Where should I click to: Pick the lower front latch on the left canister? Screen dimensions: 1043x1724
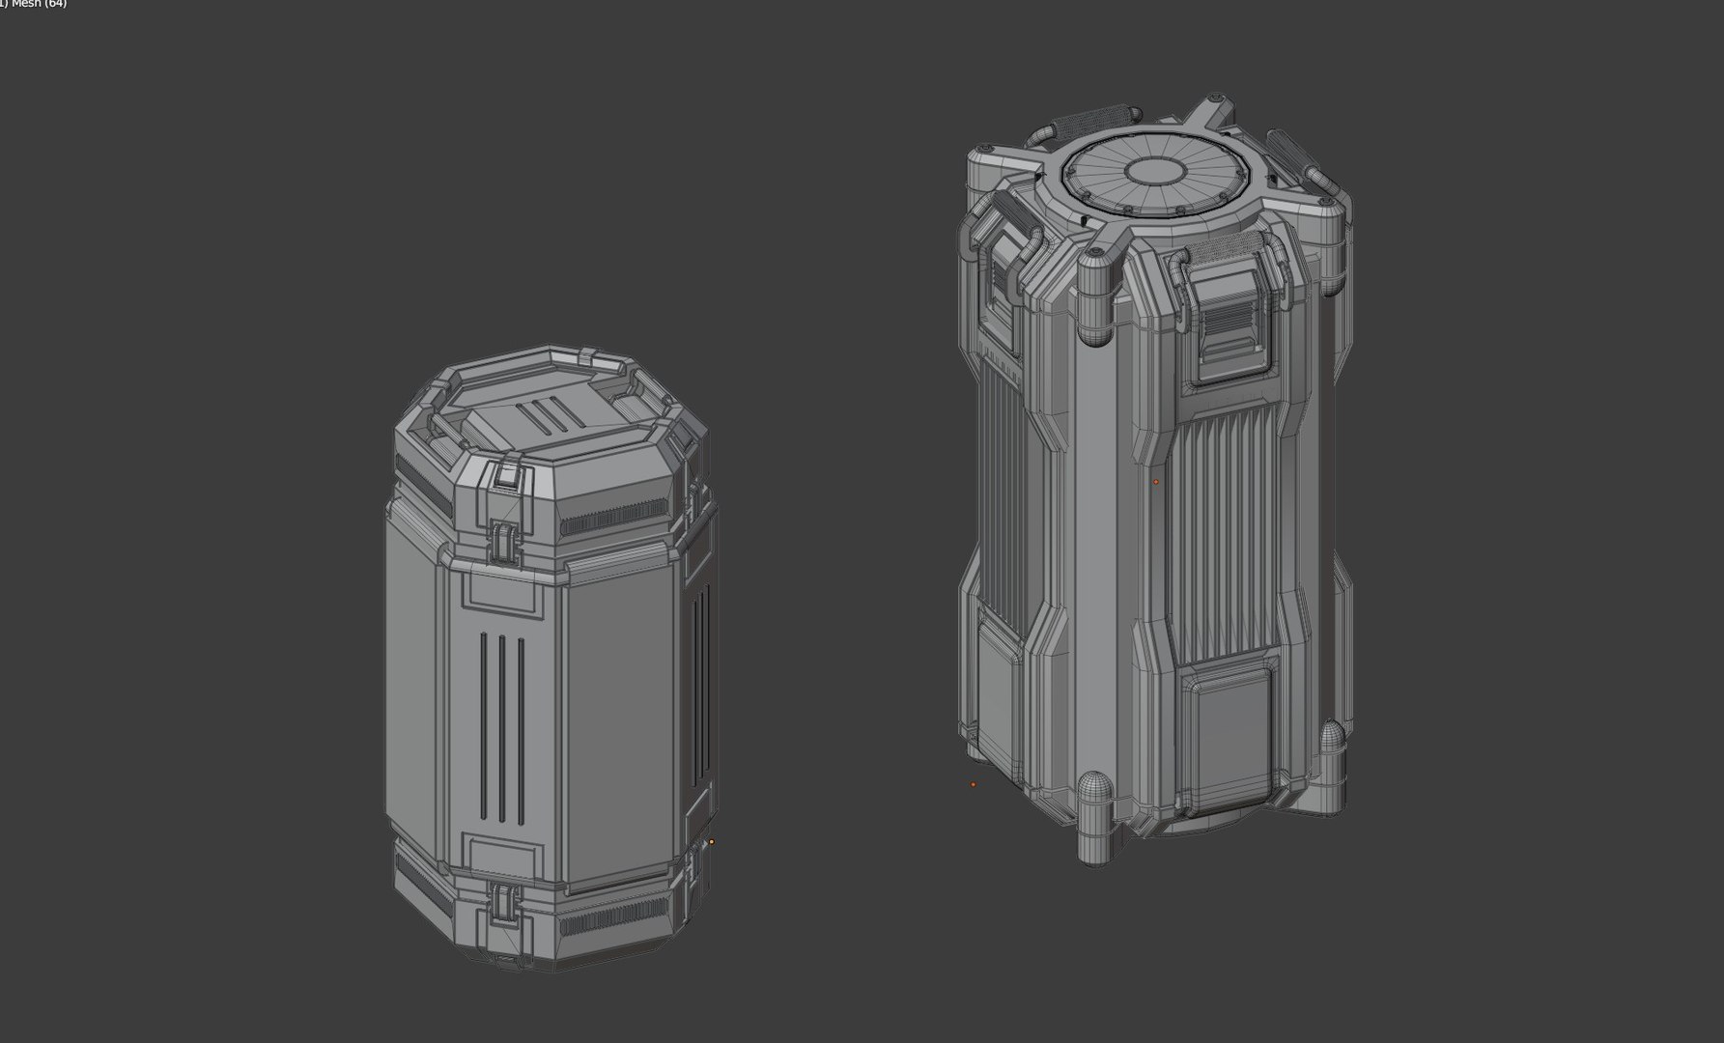click(x=503, y=902)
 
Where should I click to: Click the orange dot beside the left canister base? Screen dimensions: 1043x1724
click(x=712, y=842)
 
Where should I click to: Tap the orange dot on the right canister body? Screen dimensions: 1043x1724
click(x=1156, y=481)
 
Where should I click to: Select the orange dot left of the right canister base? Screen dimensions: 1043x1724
click(x=973, y=784)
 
